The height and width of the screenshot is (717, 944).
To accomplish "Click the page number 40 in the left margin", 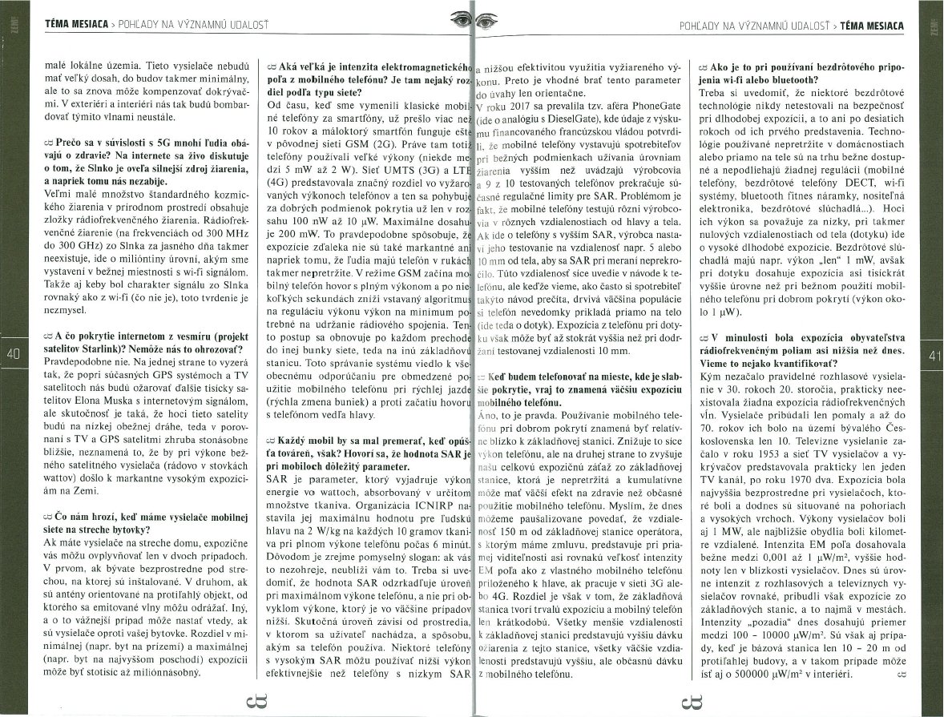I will (12, 353).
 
